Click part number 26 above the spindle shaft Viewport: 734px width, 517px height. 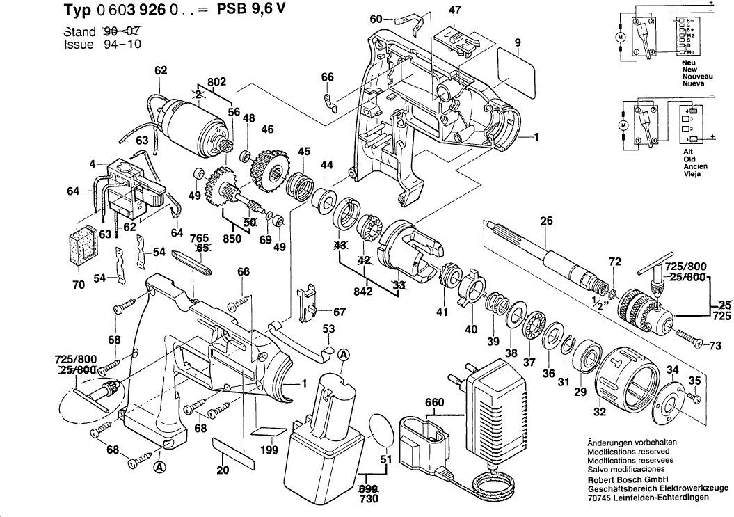(x=546, y=222)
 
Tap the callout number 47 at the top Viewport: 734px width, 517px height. (x=454, y=10)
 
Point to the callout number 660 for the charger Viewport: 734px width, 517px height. (x=434, y=402)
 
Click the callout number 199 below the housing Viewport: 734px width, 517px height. (x=270, y=451)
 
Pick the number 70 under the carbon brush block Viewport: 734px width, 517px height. (x=78, y=285)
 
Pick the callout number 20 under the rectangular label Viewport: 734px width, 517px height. (x=223, y=470)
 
